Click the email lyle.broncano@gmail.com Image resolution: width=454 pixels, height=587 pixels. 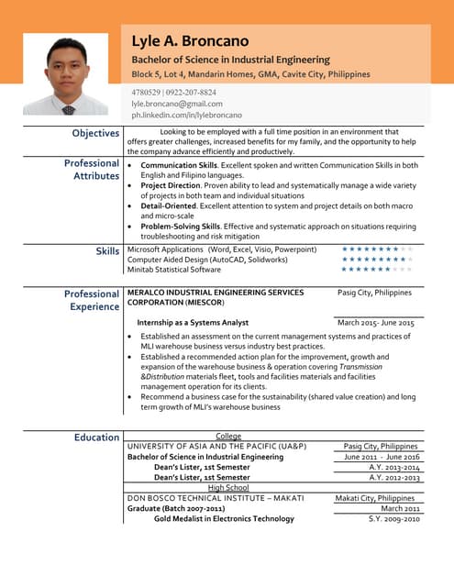177,105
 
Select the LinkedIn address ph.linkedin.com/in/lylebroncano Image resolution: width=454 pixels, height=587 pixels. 186,116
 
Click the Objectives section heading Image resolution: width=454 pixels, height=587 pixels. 96,134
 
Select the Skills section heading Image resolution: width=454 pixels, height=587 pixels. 107,250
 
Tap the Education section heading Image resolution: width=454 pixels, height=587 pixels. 96,437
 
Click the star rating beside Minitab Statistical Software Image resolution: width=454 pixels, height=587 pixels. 377,270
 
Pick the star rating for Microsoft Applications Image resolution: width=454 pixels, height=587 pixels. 377,249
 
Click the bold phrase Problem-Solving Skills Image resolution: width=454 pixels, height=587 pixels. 180,227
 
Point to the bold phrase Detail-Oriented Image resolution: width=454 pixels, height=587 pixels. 172,206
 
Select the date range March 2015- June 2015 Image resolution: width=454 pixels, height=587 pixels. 376,323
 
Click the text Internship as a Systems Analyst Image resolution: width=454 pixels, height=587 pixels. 193,323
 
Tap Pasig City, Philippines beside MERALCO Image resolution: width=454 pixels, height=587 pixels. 374,293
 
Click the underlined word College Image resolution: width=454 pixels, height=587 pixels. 228,437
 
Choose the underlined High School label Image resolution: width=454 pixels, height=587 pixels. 228,488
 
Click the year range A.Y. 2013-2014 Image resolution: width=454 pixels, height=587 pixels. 394,467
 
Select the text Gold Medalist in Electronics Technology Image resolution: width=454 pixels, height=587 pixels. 224,519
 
